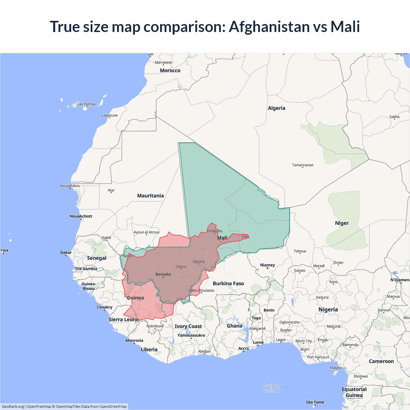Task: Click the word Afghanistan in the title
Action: pos(269,27)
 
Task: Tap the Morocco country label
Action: pos(170,70)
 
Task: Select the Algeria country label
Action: pos(276,108)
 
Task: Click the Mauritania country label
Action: pos(150,196)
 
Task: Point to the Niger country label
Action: pos(342,223)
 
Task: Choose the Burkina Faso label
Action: pos(228,283)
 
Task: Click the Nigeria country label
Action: pos(328,309)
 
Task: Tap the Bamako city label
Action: pos(163,274)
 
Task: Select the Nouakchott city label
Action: pos(81,216)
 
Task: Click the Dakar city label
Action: pos(66,252)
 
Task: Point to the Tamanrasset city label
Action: pos(303,165)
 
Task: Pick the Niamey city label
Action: pos(267,265)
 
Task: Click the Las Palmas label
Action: pos(86,104)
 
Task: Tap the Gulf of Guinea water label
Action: pos(272,388)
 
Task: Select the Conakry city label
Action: pos(104,307)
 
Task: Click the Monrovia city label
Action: pos(134,340)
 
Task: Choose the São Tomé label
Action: pos(315,402)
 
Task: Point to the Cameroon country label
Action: pos(381,361)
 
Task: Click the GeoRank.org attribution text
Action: pos(13,406)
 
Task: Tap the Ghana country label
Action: pos(234,326)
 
